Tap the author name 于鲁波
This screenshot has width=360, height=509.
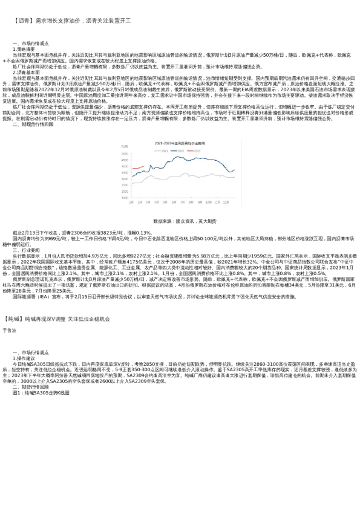[10, 330]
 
